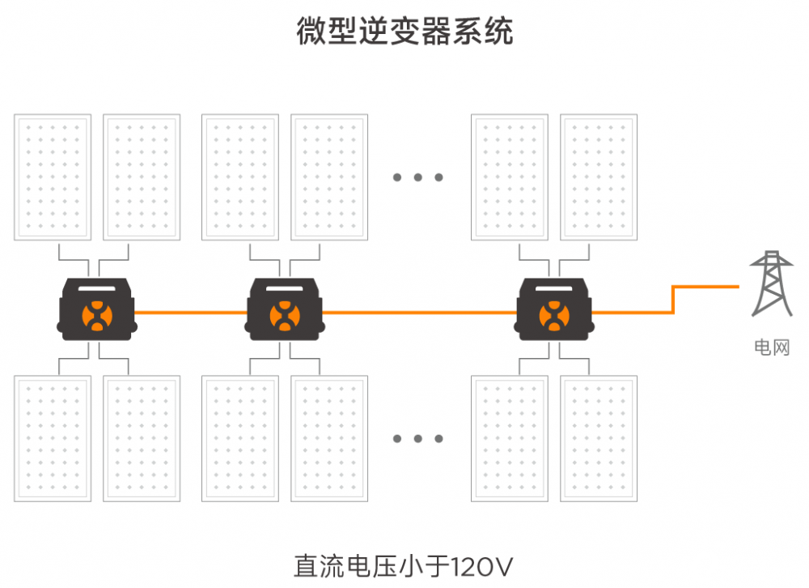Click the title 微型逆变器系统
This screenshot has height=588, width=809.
(404, 33)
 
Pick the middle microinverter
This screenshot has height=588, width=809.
(285, 309)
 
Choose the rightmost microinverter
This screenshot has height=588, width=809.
(554, 309)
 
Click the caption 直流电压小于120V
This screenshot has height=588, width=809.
(404, 565)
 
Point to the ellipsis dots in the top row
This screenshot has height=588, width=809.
(417, 177)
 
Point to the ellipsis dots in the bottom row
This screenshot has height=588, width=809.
(417, 439)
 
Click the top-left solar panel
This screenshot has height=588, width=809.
(53, 177)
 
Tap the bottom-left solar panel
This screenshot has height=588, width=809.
(53, 438)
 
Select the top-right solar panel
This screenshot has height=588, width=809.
(598, 177)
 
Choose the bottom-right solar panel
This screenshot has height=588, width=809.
(598, 438)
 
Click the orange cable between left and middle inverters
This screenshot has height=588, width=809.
(191, 311)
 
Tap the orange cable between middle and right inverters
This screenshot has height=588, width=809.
(419, 311)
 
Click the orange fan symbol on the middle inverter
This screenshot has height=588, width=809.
(285, 315)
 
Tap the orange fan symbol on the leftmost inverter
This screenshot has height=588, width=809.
(97, 315)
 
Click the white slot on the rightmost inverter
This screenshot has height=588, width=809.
(554, 289)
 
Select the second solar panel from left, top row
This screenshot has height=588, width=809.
(142, 177)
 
